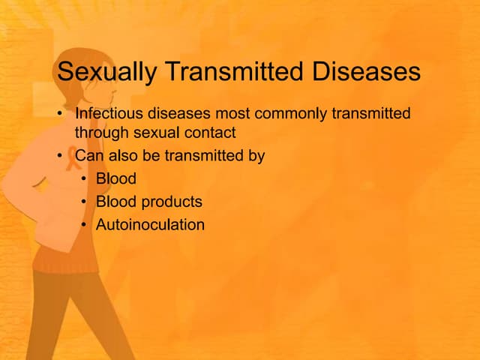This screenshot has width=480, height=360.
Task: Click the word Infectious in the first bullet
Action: pyautogui.click(x=106, y=114)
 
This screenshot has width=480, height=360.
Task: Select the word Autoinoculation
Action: pyautogui.click(x=150, y=224)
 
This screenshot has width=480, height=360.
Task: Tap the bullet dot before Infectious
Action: pyautogui.click(x=60, y=115)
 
